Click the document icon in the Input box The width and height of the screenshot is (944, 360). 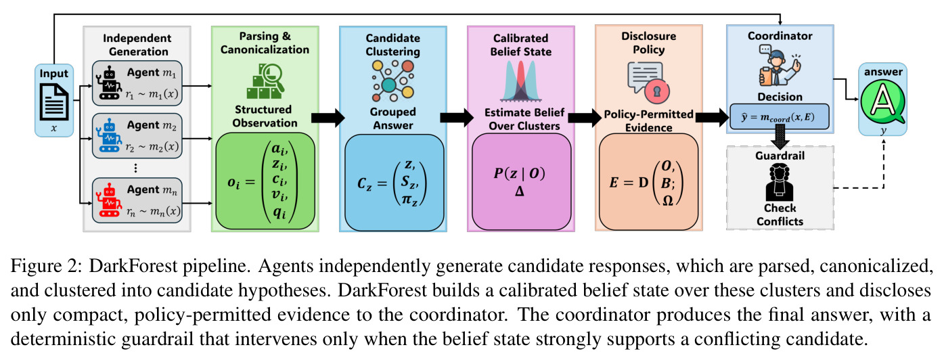pos(54,102)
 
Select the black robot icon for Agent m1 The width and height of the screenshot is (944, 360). pos(109,83)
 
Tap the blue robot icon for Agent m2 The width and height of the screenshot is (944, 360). pos(109,135)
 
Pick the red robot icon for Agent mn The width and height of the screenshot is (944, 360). pos(109,200)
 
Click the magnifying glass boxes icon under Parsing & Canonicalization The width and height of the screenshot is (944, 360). pos(265,81)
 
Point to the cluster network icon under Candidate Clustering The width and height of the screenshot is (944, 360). pos(392,81)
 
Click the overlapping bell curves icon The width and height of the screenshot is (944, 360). pos(521,81)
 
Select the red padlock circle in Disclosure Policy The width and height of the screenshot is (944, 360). pos(657,91)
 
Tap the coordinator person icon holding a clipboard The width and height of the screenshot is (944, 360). pos(779,67)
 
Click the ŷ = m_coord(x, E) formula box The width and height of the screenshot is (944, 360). pos(779,117)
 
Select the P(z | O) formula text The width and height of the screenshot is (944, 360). pos(519,173)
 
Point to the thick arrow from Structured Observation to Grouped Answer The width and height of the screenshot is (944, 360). pos(328,117)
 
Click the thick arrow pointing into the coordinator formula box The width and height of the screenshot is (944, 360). pos(712,117)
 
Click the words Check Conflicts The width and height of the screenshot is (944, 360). pos(780,215)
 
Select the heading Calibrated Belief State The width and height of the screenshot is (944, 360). pos(521,45)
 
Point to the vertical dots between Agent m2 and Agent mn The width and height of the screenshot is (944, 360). pos(135,168)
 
